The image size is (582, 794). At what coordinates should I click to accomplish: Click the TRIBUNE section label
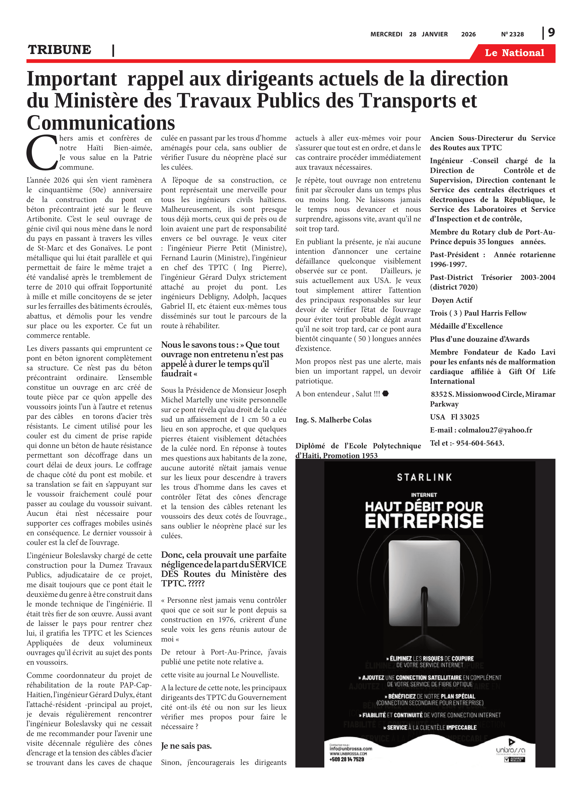point(60,50)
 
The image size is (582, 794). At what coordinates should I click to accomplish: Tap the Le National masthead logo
point(514,53)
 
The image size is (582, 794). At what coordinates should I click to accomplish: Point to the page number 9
point(551,33)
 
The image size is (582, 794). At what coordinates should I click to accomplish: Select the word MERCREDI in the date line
point(386,34)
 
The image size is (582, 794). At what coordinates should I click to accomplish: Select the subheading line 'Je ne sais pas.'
point(186,746)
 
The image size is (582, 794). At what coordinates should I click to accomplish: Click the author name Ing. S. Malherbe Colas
point(333,420)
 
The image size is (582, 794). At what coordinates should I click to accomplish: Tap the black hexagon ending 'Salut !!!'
point(385,394)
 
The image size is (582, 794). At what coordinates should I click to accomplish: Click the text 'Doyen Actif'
point(452,300)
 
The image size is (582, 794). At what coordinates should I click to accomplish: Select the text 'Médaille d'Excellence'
point(466,326)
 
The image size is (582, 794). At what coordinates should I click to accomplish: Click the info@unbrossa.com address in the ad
point(351,748)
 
